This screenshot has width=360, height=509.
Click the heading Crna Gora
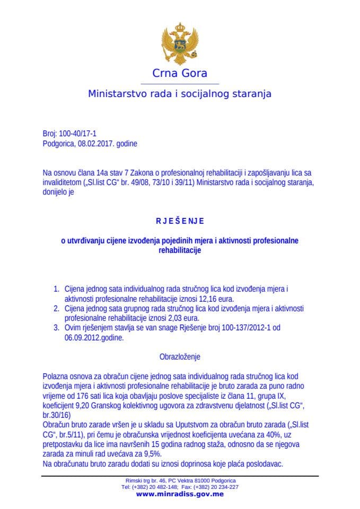[180, 73]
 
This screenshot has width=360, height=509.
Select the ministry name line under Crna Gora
[180, 94]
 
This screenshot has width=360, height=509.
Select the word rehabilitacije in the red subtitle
[180, 250]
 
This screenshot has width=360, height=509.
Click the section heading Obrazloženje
[180, 357]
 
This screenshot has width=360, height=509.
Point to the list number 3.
[57, 328]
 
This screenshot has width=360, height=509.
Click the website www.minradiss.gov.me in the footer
[180, 494]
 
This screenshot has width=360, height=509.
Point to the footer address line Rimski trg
[180, 480]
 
